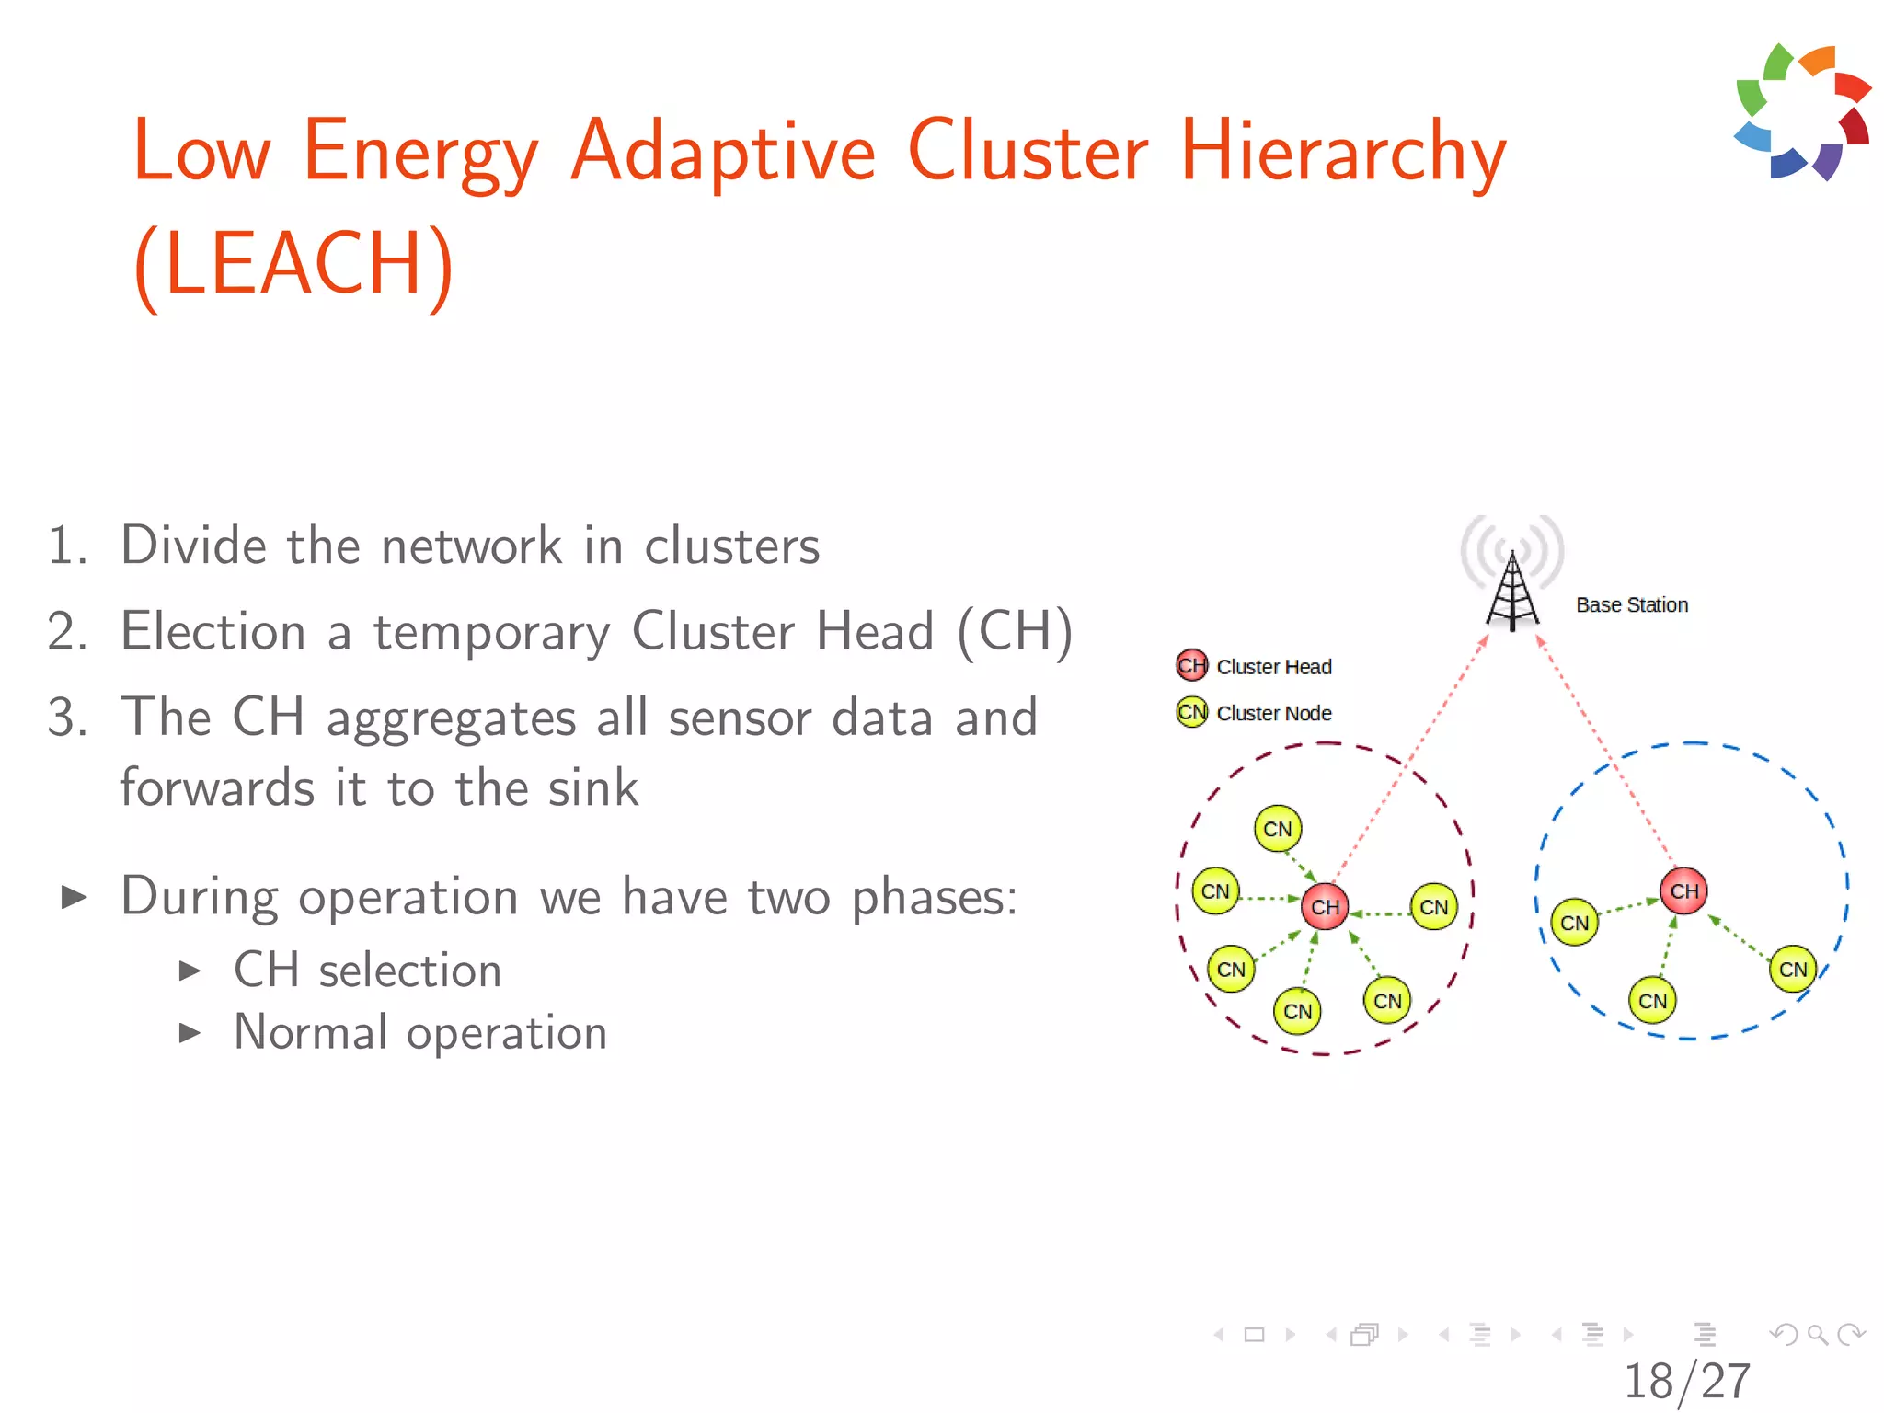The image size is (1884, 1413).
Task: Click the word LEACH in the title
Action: pyautogui.click(x=293, y=264)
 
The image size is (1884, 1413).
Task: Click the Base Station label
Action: pyautogui.click(x=1632, y=605)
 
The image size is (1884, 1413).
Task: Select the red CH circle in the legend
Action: pyautogui.click(x=1191, y=665)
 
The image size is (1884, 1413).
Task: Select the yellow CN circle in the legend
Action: pyautogui.click(x=1191, y=712)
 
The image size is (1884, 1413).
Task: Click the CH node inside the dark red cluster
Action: pyautogui.click(x=1325, y=907)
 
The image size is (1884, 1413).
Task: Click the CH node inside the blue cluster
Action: pyautogui.click(x=1683, y=891)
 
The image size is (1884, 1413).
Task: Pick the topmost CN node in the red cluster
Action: pyautogui.click(x=1277, y=829)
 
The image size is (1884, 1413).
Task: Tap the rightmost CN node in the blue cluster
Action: pyautogui.click(x=1792, y=969)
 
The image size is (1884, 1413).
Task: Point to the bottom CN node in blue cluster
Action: pyautogui.click(x=1652, y=1001)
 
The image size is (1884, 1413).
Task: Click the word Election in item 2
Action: pyautogui.click(x=213, y=632)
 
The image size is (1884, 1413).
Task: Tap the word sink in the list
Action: pyautogui.click(x=592, y=789)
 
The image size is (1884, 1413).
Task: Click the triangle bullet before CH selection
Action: pyautogui.click(x=190, y=971)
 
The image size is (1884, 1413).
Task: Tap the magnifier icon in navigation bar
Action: pyautogui.click(x=1817, y=1334)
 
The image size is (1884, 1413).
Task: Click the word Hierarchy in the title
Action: pyautogui.click(x=1343, y=152)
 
